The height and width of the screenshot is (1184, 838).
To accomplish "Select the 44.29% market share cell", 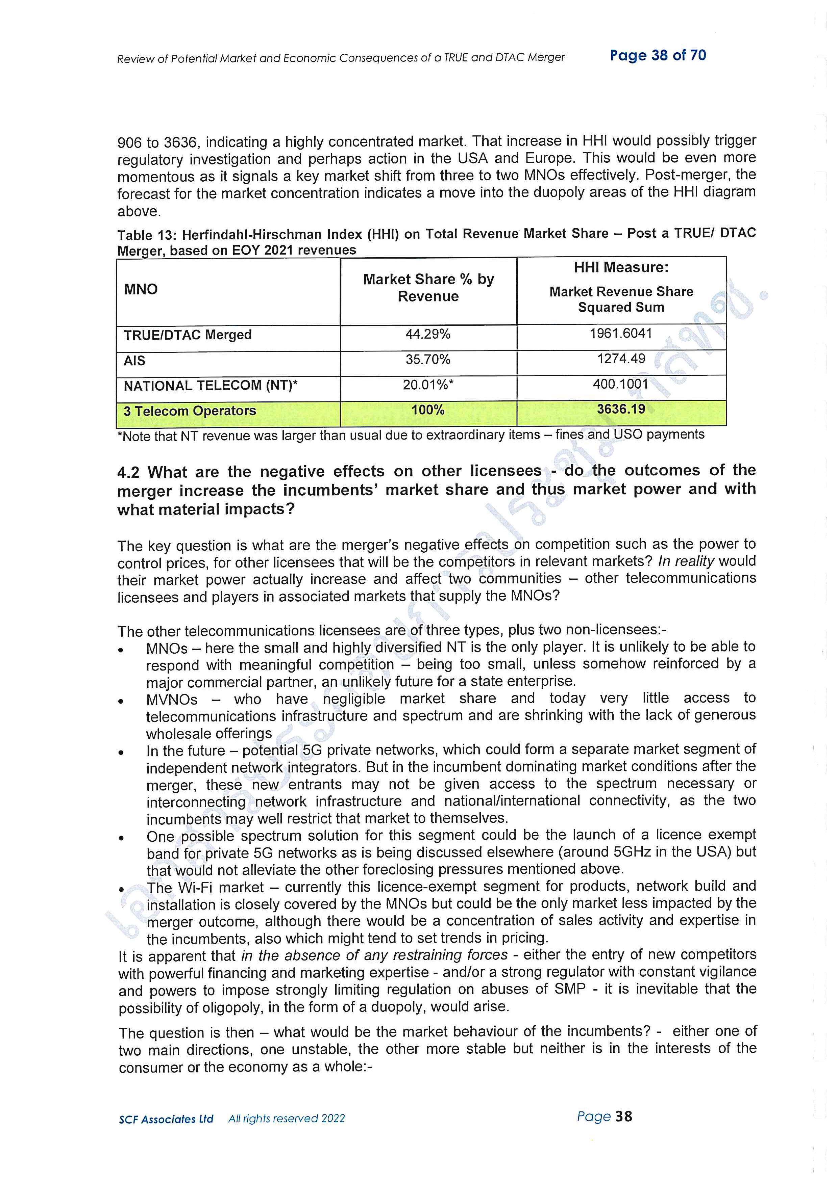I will pyautogui.click(x=428, y=334).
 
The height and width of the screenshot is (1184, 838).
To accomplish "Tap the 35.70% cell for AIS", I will pyautogui.click(x=428, y=360).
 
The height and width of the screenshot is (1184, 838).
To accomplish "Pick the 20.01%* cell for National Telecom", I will pyautogui.click(x=428, y=385).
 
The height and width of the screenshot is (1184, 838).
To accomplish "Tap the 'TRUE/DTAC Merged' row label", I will pyautogui.click(x=187, y=335).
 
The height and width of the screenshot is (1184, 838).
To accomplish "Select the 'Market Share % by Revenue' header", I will pyautogui.click(x=428, y=288).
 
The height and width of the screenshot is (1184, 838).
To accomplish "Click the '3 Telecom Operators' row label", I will pyautogui.click(x=189, y=411).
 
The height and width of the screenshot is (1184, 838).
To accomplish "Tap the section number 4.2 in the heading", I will pyautogui.click(x=128, y=472).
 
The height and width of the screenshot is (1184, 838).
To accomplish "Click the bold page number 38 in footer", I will pyautogui.click(x=623, y=1116).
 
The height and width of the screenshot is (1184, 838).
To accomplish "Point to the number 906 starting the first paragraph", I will pyautogui.click(x=129, y=142).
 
